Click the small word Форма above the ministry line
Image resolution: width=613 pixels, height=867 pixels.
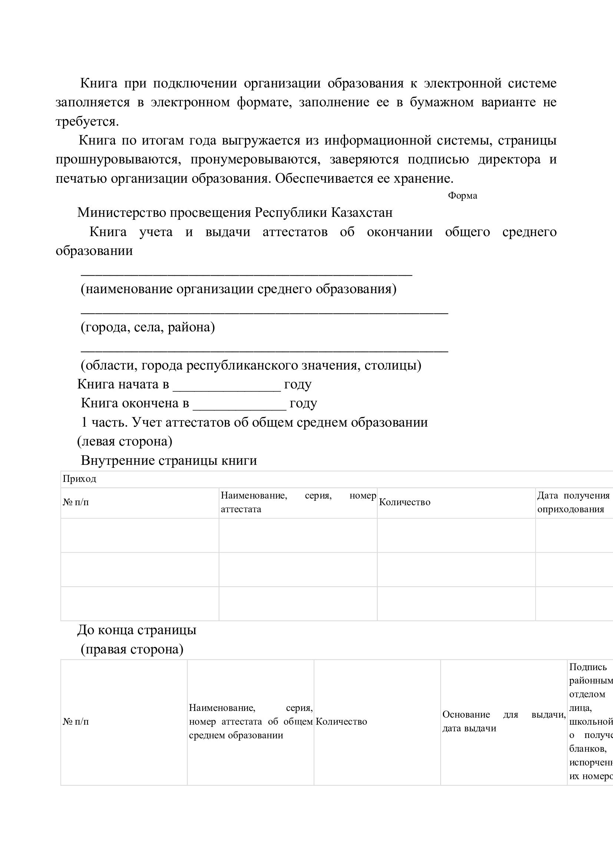coord(462,196)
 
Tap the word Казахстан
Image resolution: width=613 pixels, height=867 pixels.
coord(362,213)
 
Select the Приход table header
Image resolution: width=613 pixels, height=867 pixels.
coord(79,479)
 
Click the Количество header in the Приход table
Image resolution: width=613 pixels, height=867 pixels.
coord(404,502)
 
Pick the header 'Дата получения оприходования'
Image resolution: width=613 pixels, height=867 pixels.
coord(573,502)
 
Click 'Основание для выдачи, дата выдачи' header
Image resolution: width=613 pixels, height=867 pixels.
coord(504,721)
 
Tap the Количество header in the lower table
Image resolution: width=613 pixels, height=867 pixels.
coord(341,722)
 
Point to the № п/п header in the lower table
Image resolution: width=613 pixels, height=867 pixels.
coord(76,722)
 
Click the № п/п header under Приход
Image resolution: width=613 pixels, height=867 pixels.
coord(76,502)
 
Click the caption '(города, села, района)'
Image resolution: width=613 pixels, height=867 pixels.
coord(148,327)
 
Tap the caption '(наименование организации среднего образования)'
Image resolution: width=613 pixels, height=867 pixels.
coord(239,289)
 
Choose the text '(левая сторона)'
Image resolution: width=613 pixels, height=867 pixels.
coord(125,441)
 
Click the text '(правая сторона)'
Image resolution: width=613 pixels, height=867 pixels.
coord(132,649)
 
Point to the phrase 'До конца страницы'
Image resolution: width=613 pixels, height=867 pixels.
coord(137,630)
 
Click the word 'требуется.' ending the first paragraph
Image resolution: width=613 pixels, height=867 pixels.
coord(87,122)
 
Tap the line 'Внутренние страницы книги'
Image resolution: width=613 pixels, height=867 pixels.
coord(169,460)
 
